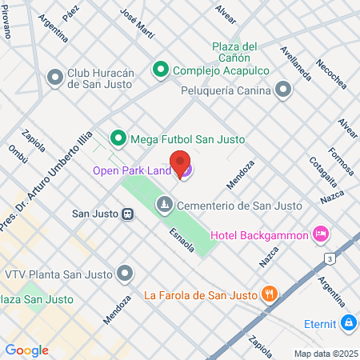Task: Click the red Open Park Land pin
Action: tap(181, 162)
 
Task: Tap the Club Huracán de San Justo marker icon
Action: tap(55, 78)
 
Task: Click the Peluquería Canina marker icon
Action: tap(282, 90)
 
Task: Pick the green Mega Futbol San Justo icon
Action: tap(118, 139)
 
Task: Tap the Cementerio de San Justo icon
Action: tap(164, 206)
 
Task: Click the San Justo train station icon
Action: tap(126, 214)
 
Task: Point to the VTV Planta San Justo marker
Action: tap(125, 274)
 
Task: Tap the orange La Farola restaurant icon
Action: tap(270, 294)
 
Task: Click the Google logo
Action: tap(26, 350)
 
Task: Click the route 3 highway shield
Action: tap(330, 258)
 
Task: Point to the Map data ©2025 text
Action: tap(326, 354)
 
